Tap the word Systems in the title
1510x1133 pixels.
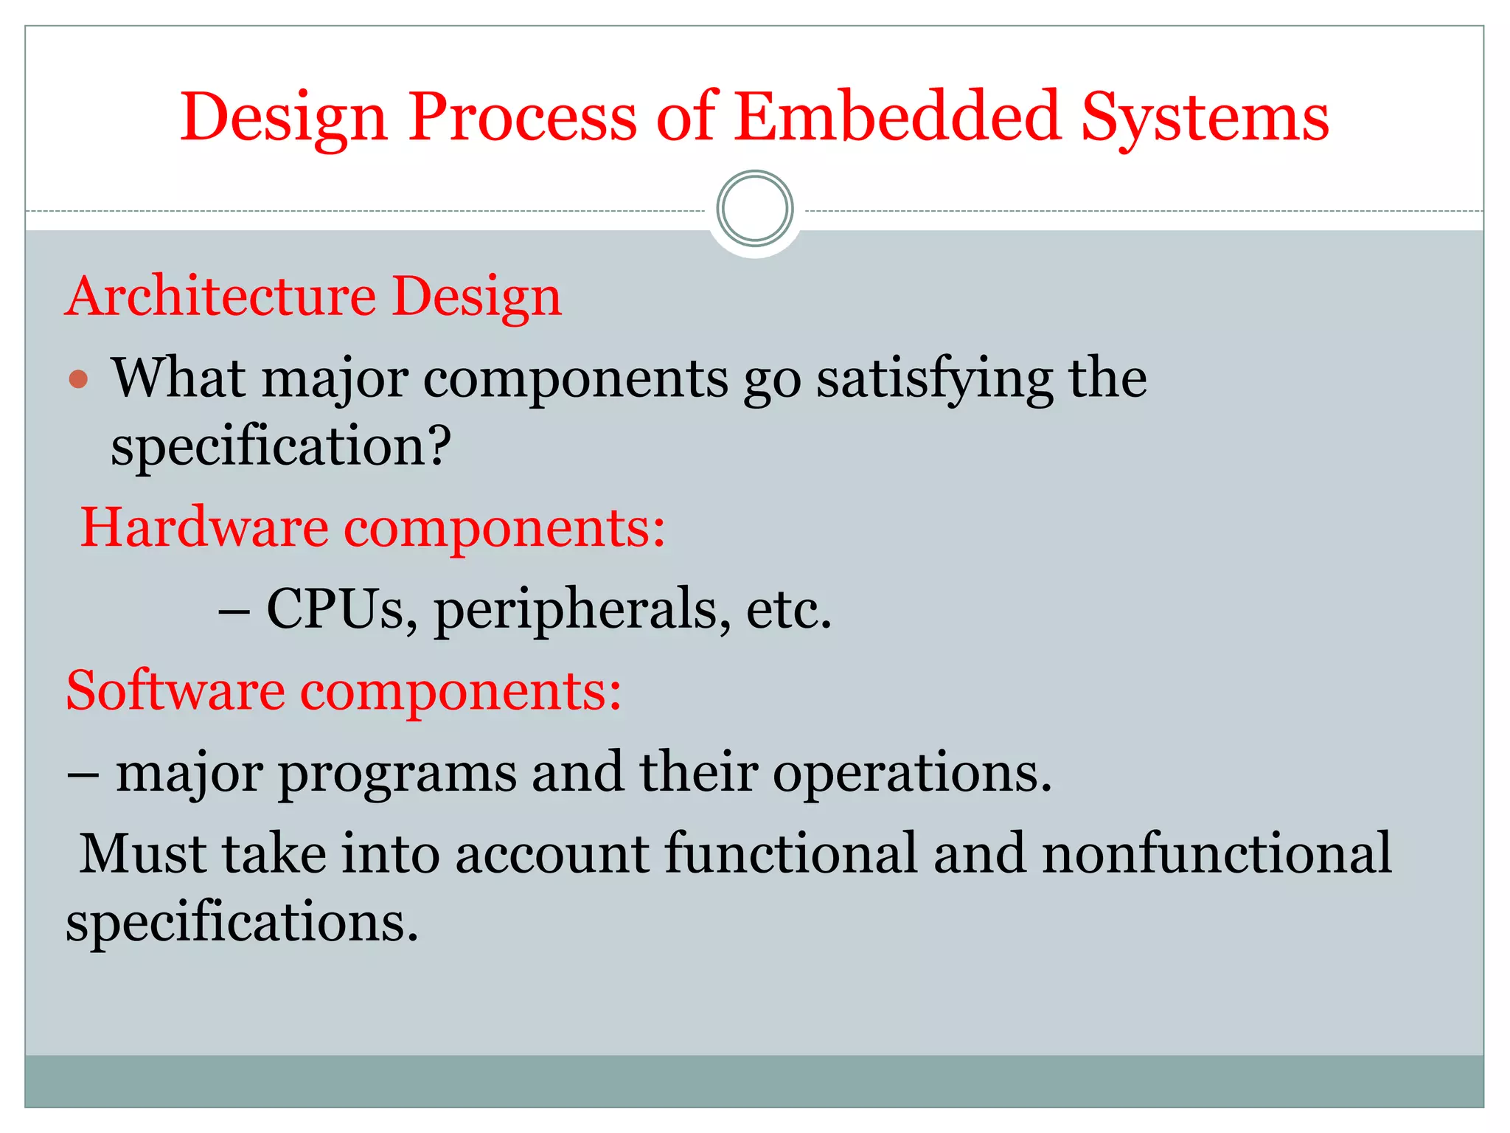click(1204, 118)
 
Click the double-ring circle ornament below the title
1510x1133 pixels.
click(754, 209)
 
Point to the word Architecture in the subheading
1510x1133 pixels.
click(221, 296)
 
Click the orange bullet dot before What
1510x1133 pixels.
click(78, 380)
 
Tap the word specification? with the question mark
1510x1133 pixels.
click(280, 447)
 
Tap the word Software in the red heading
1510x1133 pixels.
click(175, 691)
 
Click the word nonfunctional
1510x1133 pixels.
click(1217, 853)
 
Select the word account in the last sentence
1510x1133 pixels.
click(552, 853)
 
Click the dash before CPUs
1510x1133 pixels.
click(234, 611)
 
